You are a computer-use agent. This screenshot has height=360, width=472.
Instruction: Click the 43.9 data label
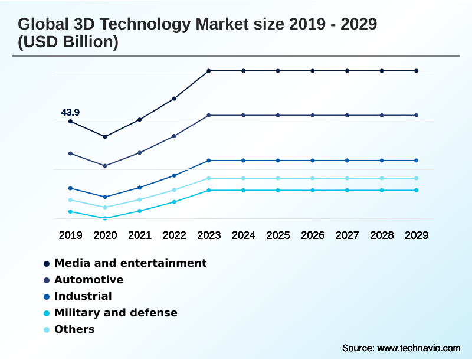[70, 112]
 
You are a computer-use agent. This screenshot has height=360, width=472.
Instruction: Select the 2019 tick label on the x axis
[70, 235]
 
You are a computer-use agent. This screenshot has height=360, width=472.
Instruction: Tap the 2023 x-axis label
[209, 235]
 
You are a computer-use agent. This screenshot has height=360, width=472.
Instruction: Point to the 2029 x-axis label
[417, 235]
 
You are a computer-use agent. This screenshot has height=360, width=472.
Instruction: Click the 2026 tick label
[313, 235]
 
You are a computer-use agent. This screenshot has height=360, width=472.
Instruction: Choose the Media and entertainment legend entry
[130, 263]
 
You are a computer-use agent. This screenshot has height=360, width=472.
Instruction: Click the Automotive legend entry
[88, 280]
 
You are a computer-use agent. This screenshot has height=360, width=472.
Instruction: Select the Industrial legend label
[83, 296]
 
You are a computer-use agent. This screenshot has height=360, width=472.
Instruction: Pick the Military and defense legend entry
[116, 313]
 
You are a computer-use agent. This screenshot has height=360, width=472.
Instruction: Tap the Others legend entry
[74, 329]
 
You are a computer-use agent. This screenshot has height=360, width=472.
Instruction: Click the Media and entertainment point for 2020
[105, 137]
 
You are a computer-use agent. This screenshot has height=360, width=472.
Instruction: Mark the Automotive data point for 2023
[209, 115]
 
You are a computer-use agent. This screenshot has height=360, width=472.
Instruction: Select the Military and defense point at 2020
[105, 218]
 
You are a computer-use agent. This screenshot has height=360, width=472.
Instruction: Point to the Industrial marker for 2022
[174, 175]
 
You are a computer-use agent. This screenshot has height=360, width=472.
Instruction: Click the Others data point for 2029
[417, 178]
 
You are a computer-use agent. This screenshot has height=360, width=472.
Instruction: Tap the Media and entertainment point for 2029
[417, 71]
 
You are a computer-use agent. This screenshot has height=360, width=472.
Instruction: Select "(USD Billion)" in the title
[68, 42]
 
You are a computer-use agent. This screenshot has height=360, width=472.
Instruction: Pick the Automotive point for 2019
[70, 153]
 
